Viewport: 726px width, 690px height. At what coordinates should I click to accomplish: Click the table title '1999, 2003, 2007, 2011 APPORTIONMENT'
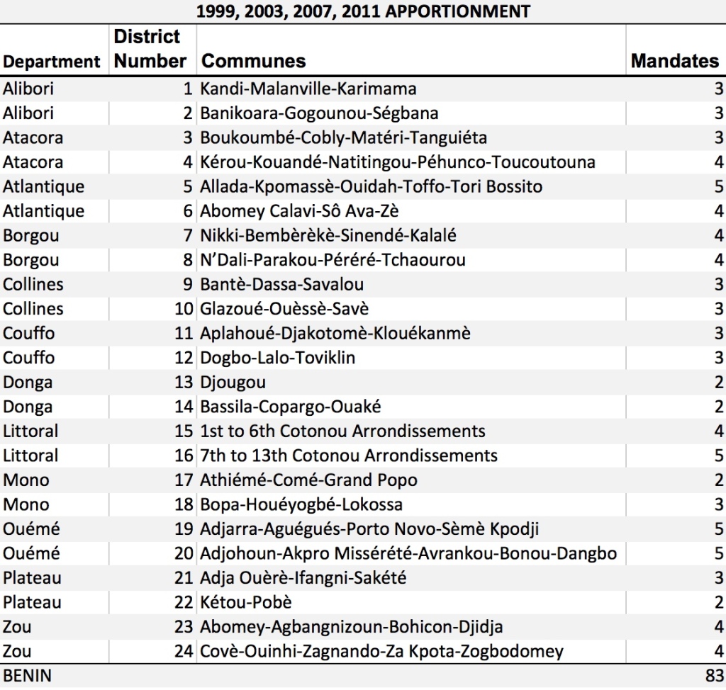coord(363,11)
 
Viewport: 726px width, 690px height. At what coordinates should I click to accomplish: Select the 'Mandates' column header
coord(675,61)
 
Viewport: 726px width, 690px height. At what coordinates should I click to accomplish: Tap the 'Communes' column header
coord(253,61)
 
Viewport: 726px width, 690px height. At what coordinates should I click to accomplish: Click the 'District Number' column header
coord(150,49)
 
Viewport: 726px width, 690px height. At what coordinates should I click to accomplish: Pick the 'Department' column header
coord(51,62)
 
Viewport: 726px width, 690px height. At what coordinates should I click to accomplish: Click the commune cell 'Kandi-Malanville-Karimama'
coord(308,89)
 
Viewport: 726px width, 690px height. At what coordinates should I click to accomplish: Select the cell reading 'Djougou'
coord(233,383)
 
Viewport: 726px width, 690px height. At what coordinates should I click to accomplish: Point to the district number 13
coord(184,383)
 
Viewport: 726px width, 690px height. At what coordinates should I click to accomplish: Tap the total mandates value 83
coord(714,676)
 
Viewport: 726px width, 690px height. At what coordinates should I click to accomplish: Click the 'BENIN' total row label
coord(28,676)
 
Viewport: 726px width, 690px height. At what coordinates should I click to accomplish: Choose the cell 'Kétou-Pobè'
coord(246,602)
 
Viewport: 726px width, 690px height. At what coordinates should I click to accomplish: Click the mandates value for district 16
coord(719,456)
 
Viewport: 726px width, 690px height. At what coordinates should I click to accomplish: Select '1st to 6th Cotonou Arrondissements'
coord(342,431)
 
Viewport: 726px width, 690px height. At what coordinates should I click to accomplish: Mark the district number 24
coord(184,651)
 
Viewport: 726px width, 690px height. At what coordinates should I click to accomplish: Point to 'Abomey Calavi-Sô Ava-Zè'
coord(299,211)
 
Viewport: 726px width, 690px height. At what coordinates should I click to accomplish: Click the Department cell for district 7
coord(31,236)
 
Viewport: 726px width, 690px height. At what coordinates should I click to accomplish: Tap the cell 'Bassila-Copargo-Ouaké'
coord(290,407)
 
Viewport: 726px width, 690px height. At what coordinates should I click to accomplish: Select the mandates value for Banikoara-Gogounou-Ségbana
coord(719,113)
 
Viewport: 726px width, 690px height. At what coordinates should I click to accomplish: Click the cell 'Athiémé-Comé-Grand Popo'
coord(308,480)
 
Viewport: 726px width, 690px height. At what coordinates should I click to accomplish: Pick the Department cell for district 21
coord(32,577)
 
